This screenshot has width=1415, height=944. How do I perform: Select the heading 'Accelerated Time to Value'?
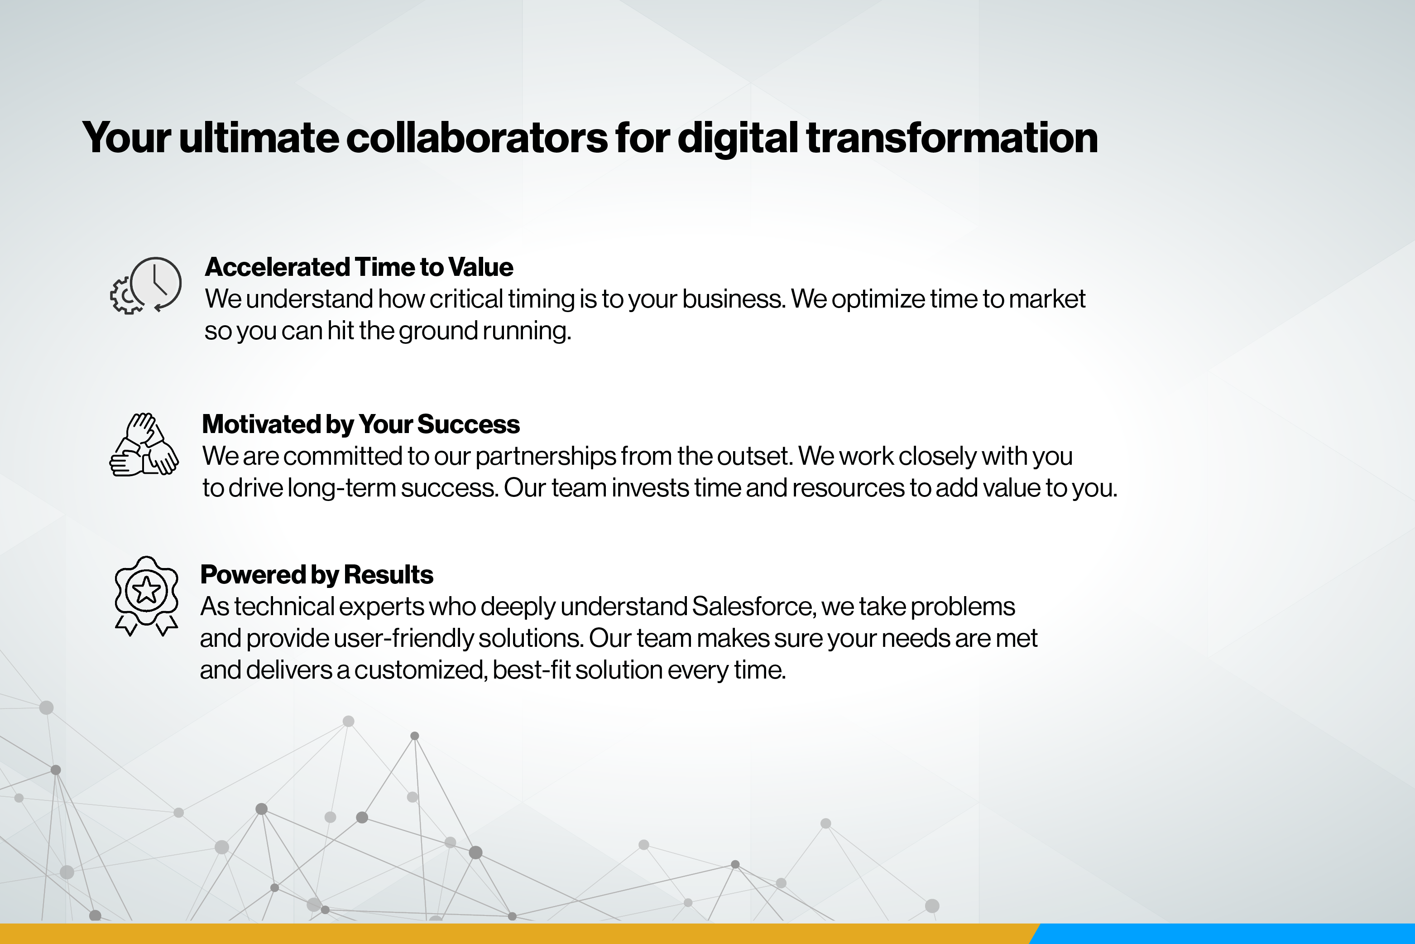coord(359,267)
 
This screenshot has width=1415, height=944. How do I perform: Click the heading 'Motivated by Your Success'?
coord(360,424)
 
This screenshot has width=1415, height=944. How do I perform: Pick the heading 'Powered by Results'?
coord(316,574)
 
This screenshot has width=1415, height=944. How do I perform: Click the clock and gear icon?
coord(146,285)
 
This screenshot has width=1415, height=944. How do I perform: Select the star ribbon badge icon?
coord(146,595)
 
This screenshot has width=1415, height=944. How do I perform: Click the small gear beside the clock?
coord(125,296)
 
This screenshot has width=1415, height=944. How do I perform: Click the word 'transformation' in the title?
coord(951,138)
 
